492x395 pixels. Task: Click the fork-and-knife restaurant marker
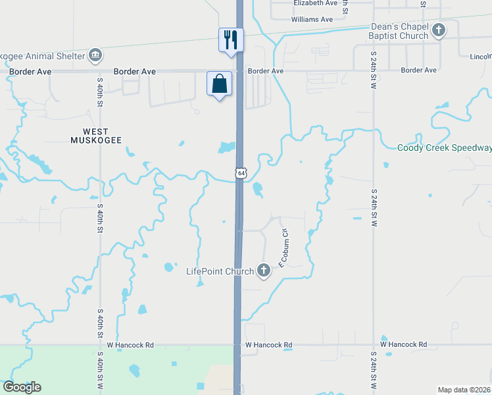(230, 39)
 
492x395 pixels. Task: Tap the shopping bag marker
(219, 84)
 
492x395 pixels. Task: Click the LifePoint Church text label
(220, 271)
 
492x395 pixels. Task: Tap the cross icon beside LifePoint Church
(264, 269)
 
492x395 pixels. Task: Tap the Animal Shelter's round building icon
(95, 54)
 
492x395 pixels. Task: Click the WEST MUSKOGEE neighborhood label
(97, 136)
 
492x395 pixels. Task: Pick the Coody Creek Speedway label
(445, 148)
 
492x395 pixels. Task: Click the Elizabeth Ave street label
(314, 3)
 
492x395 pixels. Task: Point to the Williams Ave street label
(312, 20)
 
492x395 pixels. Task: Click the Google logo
(22, 387)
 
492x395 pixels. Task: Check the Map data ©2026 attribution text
(464, 389)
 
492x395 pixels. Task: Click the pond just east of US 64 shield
(257, 190)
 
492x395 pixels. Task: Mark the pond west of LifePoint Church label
(170, 267)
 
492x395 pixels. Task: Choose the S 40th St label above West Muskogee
(101, 92)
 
